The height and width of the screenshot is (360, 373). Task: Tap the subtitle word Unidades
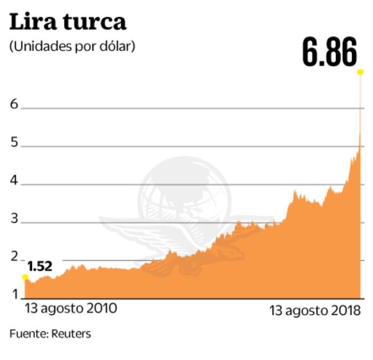click(38, 46)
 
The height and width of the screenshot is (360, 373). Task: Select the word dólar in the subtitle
click(119, 46)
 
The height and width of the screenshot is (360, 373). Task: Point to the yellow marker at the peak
click(360, 72)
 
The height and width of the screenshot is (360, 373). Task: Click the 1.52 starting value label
click(40, 267)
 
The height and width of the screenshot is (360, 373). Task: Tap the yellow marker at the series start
click(25, 277)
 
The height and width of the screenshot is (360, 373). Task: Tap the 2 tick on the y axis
click(14, 259)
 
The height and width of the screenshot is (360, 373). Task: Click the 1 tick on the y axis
click(14, 294)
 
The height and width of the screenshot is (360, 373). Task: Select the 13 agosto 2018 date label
click(315, 311)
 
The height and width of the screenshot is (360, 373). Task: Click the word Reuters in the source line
click(71, 334)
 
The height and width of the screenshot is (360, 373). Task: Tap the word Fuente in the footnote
click(27, 334)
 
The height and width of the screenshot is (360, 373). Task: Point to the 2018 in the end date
click(346, 311)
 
